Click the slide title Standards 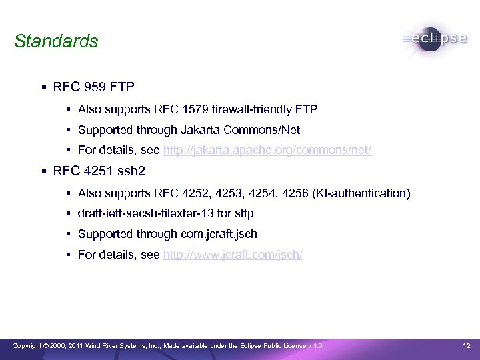(56, 41)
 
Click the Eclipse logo (434, 39)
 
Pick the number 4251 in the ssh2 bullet (101, 173)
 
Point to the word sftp (243, 214)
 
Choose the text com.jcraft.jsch (218, 234)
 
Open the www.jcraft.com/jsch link (232, 255)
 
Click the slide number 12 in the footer (467, 345)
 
